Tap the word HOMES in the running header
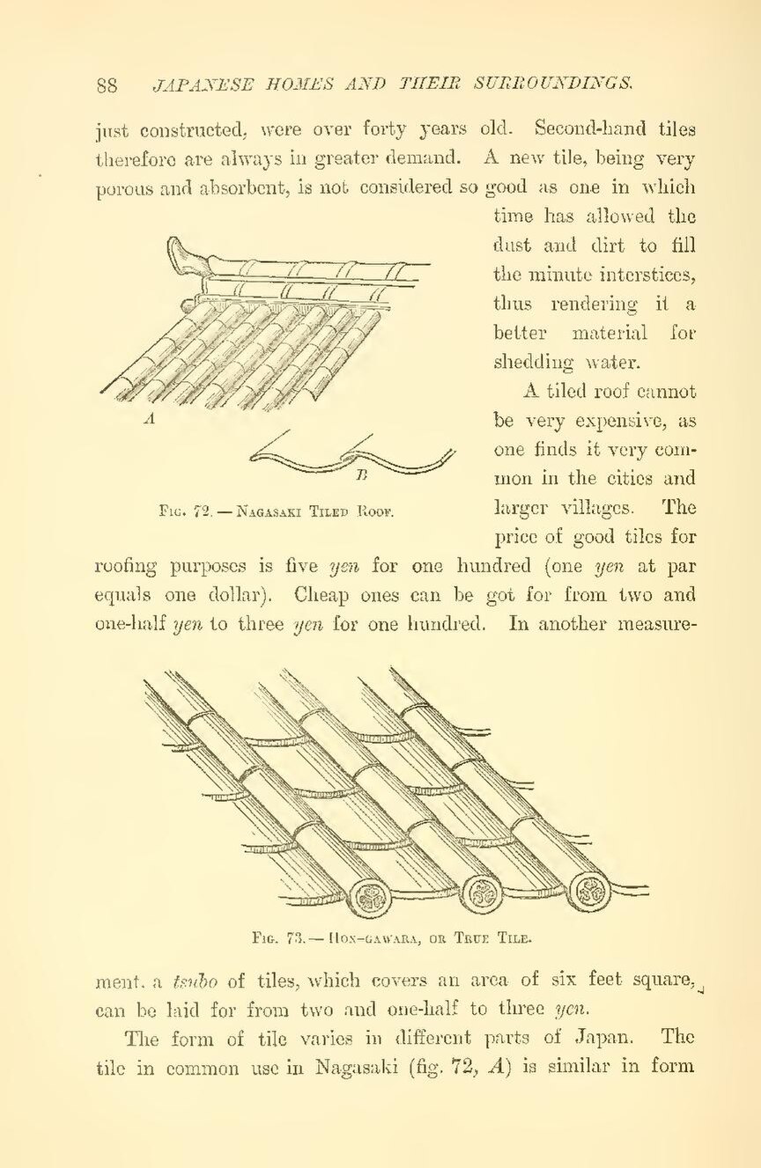pyautogui.click(x=286, y=84)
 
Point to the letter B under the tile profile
pyautogui.click(x=361, y=476)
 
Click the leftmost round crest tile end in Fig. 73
pyautogui.click(x=370, y=898)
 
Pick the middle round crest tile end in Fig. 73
pyautogui.click(x=482, y=896)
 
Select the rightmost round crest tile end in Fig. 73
pyautogui.click(x=589, y=891)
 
